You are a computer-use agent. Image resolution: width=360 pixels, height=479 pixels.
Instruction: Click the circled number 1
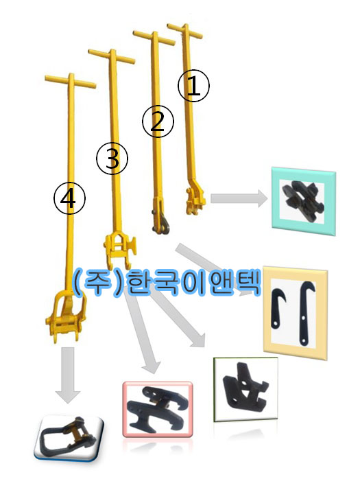[193, 86]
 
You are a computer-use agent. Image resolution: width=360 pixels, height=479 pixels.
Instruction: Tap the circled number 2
[158, 122]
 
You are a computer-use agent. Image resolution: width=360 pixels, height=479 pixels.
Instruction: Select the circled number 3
[112, 159]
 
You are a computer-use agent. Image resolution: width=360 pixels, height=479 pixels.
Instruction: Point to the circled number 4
[69, 198]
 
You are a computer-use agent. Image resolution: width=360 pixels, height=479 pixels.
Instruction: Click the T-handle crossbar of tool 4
[71, 82]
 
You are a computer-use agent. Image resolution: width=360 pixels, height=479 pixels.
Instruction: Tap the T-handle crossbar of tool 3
[112, 56]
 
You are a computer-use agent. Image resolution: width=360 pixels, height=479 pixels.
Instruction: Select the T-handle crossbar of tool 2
[154, 38]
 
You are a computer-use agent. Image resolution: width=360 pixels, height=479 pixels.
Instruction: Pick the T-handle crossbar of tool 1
[184, 31]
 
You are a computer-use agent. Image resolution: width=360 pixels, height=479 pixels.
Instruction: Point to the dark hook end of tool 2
[161, 224]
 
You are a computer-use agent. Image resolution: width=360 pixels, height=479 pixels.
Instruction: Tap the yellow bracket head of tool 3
[120, 250]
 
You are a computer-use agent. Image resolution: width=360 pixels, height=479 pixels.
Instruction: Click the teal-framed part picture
[304, 201]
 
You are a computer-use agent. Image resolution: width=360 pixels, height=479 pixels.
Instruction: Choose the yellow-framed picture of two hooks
[296, 313]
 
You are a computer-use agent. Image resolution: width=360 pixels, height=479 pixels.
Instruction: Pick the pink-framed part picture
[158, 409]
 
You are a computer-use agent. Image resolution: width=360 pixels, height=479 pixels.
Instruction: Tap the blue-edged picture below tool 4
[69, 437]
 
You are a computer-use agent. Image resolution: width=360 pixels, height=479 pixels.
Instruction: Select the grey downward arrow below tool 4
[68, 375]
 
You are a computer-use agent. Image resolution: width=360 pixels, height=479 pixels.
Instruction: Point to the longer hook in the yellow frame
[307, 313]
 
